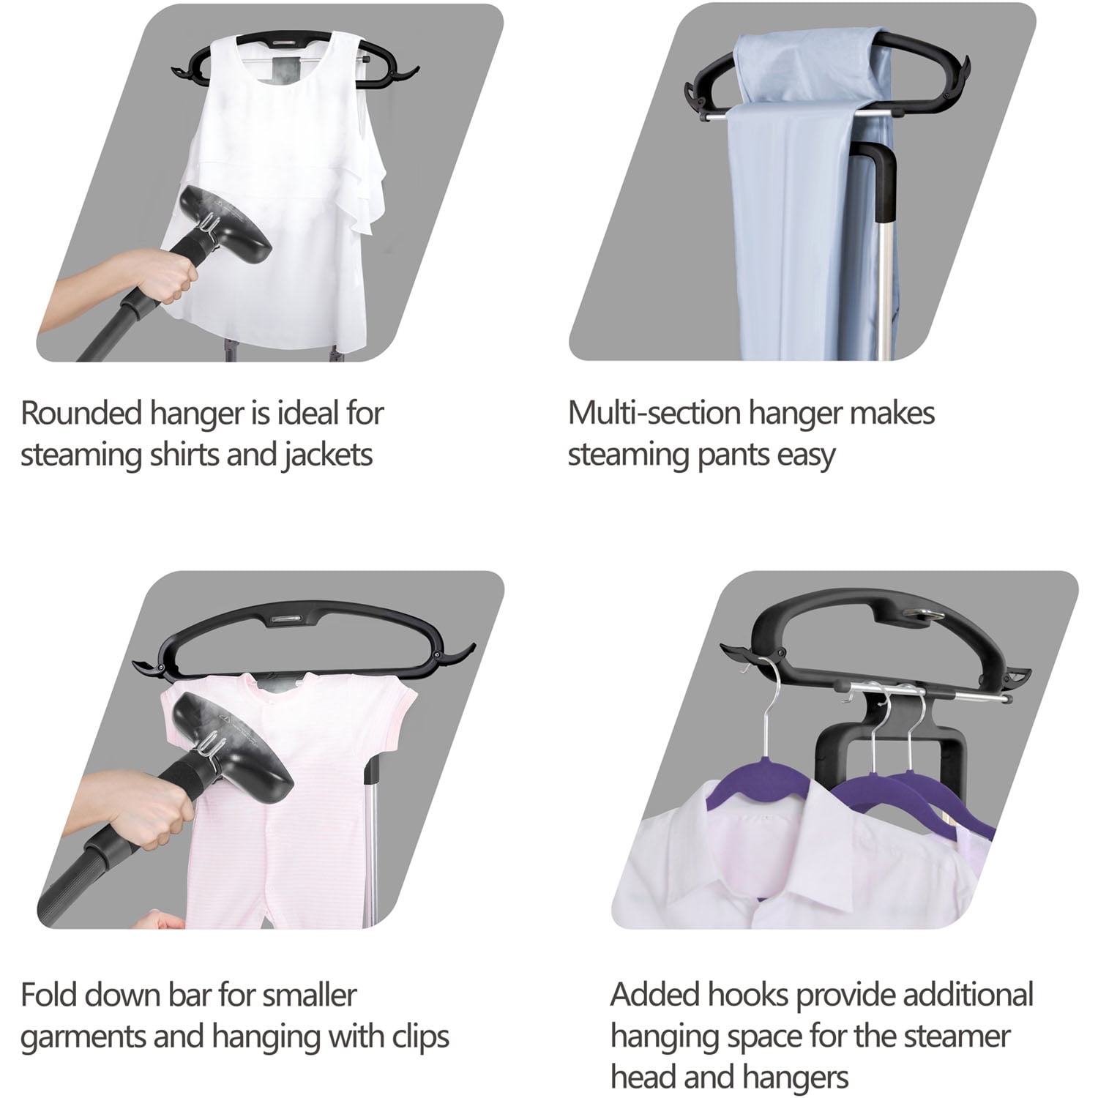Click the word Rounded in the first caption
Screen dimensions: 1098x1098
point(81,413)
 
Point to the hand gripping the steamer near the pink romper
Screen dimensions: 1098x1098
point(139,810)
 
